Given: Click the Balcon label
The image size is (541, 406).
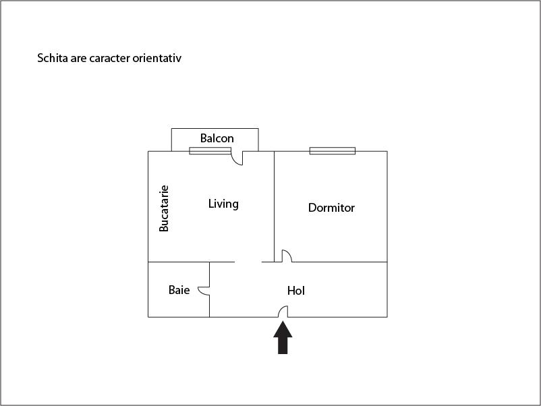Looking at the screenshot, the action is pyautogui.click(x=217, y=138).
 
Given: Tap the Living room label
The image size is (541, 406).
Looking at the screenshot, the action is pyautogui.click(x=223, y=204).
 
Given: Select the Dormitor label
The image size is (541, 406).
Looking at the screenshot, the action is pyautogui.click(x=331, y=208).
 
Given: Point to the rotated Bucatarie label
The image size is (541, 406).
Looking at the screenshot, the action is pyautogui.click(x=164, y=208).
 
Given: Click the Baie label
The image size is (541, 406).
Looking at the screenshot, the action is pyautogui.click(x=179, y=290).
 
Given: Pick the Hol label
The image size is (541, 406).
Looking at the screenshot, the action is pyautogui.click(x=296, y=291).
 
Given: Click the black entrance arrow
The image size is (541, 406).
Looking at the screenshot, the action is pyautogui.click(x=283, y=337).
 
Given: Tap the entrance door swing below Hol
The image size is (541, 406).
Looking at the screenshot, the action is pyautogui.click(x=283, y=312).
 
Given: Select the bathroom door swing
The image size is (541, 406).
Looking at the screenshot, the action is pyautogui.click(x=204, y=291).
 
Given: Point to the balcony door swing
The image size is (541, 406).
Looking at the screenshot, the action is pyautogui.click(x=237, y=158).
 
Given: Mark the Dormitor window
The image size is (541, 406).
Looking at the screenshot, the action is pyautogui.click(x=333, y=151).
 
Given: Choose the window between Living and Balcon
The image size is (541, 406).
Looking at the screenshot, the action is pyautogui.click(x=210, y=151).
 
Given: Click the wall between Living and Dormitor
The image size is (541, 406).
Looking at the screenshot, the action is pyautogui.click(x=275, y=206).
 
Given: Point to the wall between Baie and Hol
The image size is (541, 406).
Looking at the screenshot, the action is pyautogui.click(x=209, y=289).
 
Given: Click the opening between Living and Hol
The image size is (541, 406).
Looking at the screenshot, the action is pyautogui.click(x=248, y=262).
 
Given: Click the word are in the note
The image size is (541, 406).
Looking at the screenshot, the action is pyautogui.click(x=78, y=58).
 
